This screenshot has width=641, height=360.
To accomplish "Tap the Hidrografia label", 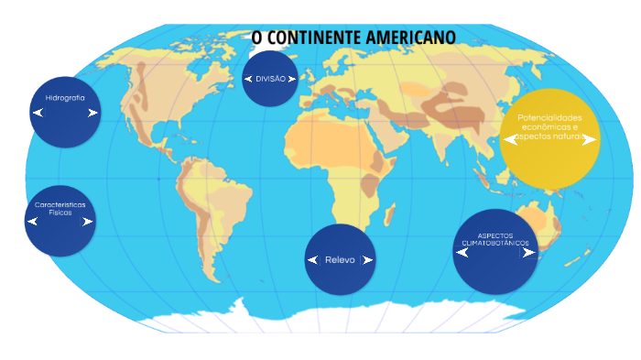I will pyautogui.click(x=65, y=97).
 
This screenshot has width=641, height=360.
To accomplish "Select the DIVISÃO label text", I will pyautogui.click(x=271, y=79).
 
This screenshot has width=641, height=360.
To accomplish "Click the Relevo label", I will pyautogui.click(x=340, y=260).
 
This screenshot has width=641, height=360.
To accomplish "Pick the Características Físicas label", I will pyautogui.click(x=60, y=208).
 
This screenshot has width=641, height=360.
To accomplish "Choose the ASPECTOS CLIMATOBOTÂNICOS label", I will pyautogui.click(x=495, y=239).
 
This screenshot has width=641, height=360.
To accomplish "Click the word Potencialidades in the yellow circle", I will pyautogui.click(x=549, y=118).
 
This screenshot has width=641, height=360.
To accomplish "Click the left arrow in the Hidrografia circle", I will pyautogui.click(x=38, y=113).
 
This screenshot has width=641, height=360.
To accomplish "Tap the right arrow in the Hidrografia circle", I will pyautogui.click(x=92, y=113).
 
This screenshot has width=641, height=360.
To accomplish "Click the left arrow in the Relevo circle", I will pyautogui.click(x=312, y=260).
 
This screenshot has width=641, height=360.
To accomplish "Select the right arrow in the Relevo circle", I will pyautogui.click(x=367, y=260).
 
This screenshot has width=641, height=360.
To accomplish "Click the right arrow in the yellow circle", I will pyautogui.click(x=589, y=140).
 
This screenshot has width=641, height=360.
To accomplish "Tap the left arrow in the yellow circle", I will pyautogui.click(x=510, y=140).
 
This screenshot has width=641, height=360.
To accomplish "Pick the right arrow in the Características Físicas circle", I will pyautogui.click(x=87, y=222).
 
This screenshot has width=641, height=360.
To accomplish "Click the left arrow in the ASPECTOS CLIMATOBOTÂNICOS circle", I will pyautogui.click(x=462, y=253).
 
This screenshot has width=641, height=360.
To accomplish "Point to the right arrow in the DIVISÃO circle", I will pyautogui.click(x=292, y=80).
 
